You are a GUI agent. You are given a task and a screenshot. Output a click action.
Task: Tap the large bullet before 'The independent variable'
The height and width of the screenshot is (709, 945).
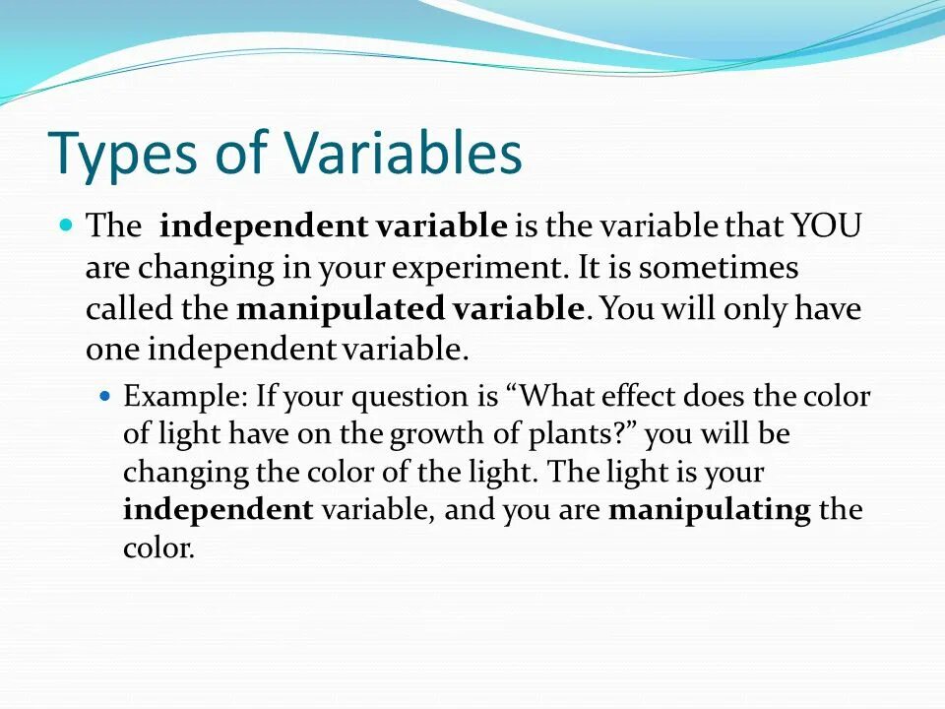pos(67,225)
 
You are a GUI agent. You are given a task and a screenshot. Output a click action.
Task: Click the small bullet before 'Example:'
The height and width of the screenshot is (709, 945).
pos(107,396)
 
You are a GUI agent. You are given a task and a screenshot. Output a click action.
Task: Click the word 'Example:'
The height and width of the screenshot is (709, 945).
pos(185,398)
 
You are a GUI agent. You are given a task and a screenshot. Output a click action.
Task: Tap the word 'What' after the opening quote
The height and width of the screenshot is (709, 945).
pos(553,396)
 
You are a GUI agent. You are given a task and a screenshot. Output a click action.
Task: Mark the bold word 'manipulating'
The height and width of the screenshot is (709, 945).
pos(710,510)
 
